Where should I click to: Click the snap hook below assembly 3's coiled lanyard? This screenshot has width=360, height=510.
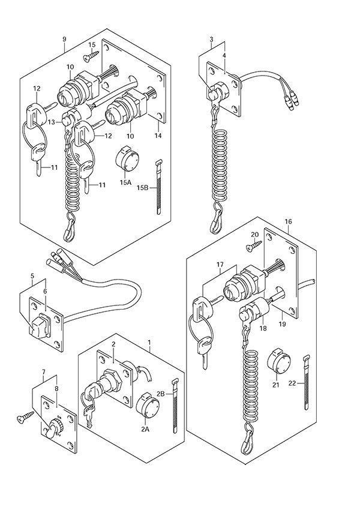215,224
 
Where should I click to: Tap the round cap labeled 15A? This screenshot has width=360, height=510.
127,159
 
